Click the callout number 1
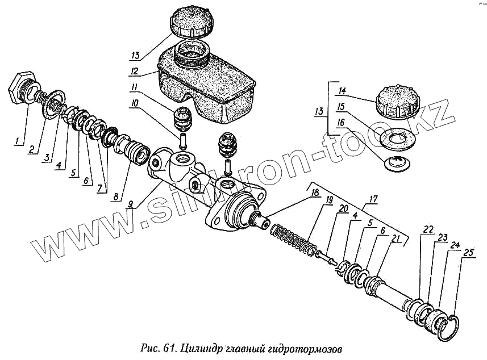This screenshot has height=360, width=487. tap(19, 139)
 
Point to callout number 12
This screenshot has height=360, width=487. tap(134, 72)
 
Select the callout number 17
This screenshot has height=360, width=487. tap(373, 199)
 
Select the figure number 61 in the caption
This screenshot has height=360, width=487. tap(169, 347)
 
